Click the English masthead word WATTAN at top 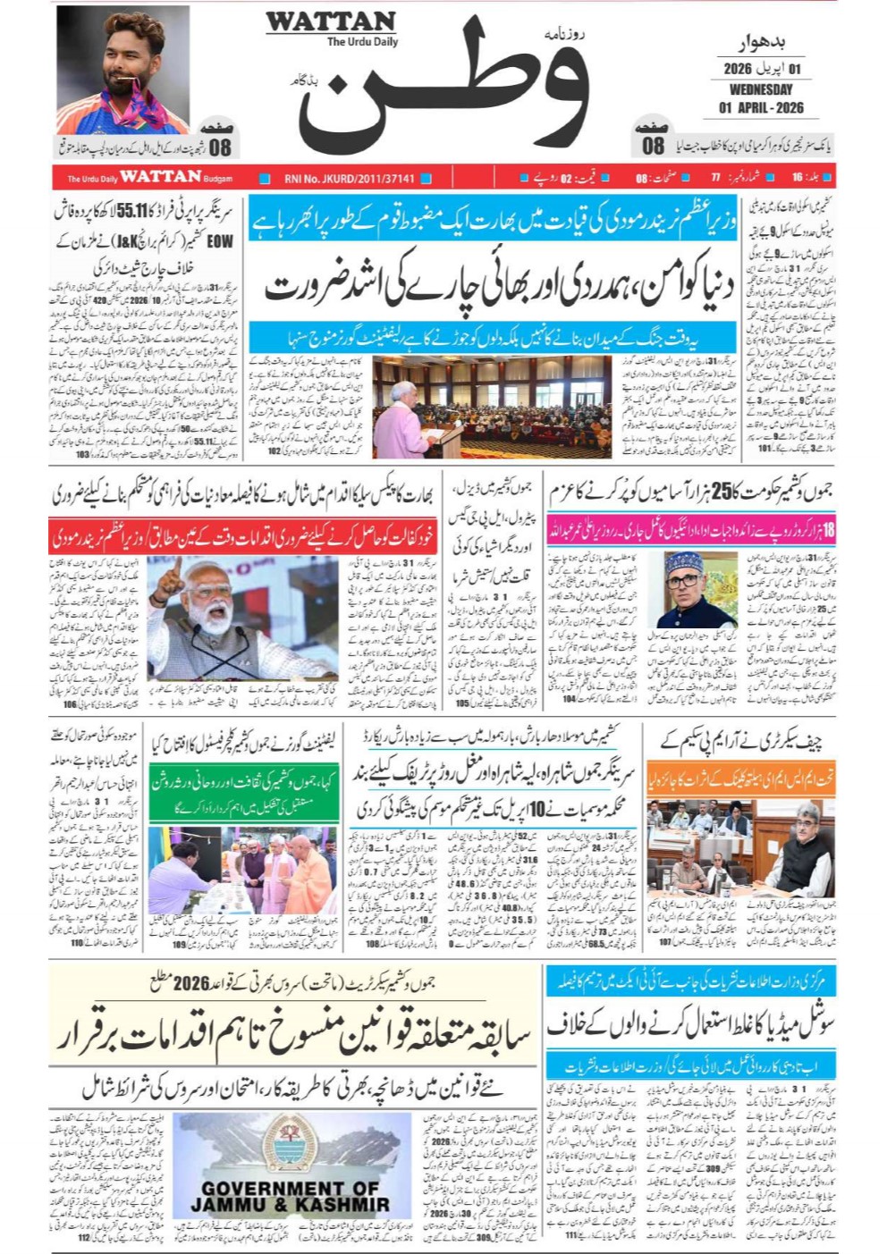pos(330,21)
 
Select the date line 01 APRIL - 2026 pos(761,108)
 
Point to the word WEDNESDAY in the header pos(760,89)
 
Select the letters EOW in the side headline pos(220,240)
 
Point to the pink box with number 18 pos(828,530)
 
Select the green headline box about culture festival pos(244,792)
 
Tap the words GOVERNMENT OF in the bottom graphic pos(290,1189)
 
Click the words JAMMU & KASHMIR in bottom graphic pos(290,1205)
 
